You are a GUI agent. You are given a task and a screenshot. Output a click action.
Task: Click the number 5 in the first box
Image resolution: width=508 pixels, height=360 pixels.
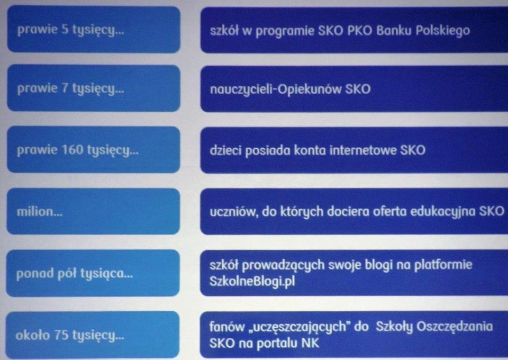[x=65, y=30]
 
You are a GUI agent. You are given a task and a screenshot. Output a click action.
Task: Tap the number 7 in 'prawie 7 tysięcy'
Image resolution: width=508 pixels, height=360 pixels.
[x=65, y=88]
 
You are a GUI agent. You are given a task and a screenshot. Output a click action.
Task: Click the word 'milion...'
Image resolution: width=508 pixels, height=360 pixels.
[x=40, y=212]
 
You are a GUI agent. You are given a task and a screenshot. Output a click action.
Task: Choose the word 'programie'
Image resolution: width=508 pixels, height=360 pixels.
[x=285, y=31]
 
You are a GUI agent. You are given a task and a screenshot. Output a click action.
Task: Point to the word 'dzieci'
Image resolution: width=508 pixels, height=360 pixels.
[x=225, y=150]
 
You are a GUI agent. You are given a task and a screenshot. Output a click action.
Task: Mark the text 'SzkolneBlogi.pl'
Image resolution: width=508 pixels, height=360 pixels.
[x=252, y=281]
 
